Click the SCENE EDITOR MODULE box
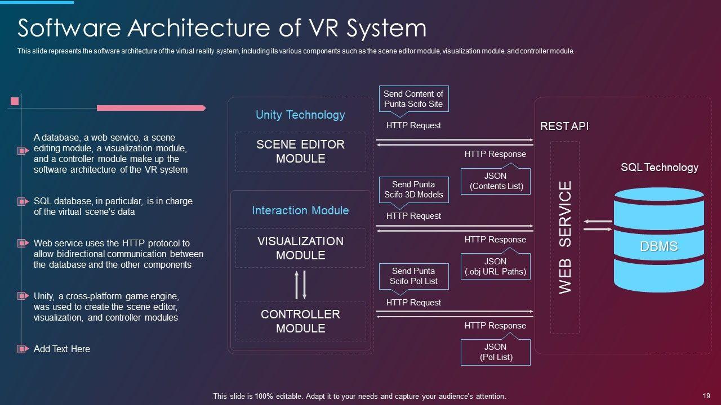(x=301, y=151)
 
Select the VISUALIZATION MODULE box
(x=301, y=248)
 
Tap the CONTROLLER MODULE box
(x=301, y=321)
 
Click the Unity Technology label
(x=300, y=115)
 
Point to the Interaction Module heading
(x=300, y=210)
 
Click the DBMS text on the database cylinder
(x=659, y=246)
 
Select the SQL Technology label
(x=660, y=167)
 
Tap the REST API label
(x=564, y=126)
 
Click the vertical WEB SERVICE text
(x=565, y=237)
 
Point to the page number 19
(x=706, y=396)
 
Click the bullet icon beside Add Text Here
(x=23, y=349)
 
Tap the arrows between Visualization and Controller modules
(x=301, y=285)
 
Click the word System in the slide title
(x=386, y=28)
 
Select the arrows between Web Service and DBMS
(x=598, y=226)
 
